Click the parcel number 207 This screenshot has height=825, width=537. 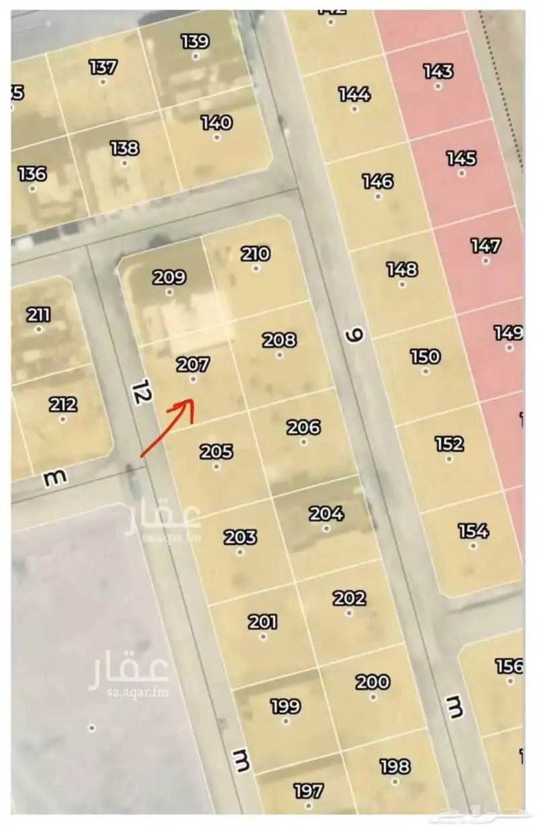[193, 365]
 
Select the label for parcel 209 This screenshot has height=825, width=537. [169, 277]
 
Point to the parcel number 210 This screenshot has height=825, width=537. [256, 253]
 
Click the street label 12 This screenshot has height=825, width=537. [140, 392]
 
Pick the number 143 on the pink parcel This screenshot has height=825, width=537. [438, 71]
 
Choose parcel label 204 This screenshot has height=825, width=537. [326, 514]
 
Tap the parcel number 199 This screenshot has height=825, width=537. [285, 706]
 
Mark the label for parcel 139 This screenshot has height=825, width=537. [195, 42]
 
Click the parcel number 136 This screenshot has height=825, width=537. [32, 173]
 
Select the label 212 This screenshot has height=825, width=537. [62, 404]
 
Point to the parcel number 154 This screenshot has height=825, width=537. [473, 531]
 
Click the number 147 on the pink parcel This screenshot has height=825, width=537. [485, 245]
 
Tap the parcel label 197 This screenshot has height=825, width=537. [309, 791]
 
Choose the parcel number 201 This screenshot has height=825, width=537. [263, 621]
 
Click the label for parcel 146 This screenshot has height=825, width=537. [378, 181]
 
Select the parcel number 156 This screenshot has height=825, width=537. [509, 666]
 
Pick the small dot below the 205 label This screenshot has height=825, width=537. [216, 466]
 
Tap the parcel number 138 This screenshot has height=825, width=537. [124, 148]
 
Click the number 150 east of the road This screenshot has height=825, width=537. [425, 356]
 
